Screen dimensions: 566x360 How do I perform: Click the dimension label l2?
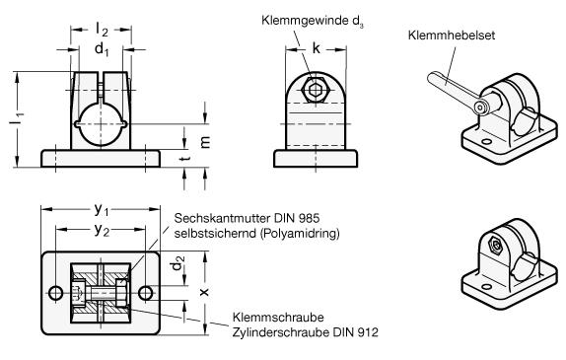[102, 30]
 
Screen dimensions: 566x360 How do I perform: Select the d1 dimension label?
[102, 48]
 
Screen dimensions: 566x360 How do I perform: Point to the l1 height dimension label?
[16, 119]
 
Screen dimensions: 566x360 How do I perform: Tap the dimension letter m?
[205, 142]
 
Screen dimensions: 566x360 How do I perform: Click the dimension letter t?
[185, 158]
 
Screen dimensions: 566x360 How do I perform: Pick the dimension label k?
[316, 47]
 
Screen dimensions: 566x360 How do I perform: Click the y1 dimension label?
[101, 209]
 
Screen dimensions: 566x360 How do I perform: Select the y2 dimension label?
[102, 230]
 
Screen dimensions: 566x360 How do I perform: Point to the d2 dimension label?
[177, 263]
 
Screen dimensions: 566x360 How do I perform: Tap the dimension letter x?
[204, 292]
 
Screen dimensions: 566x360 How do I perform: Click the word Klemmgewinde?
[305, 21]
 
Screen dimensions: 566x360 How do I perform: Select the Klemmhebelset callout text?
[452, 36]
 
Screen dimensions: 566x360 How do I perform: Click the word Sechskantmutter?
[222, 218]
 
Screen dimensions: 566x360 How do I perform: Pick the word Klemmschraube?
[278, 318]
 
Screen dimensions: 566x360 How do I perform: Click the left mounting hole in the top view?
[56, 293]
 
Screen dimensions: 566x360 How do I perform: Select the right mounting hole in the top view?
[146, 293]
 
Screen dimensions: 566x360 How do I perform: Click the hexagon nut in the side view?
[316, 89]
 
